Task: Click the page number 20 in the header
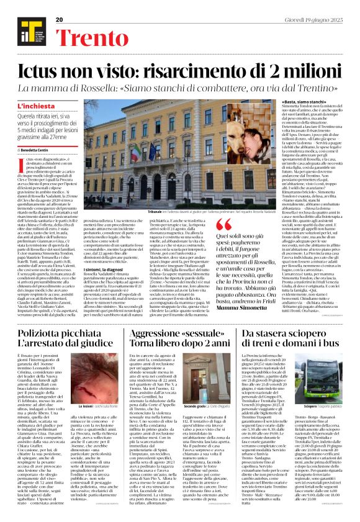point(60,20)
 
